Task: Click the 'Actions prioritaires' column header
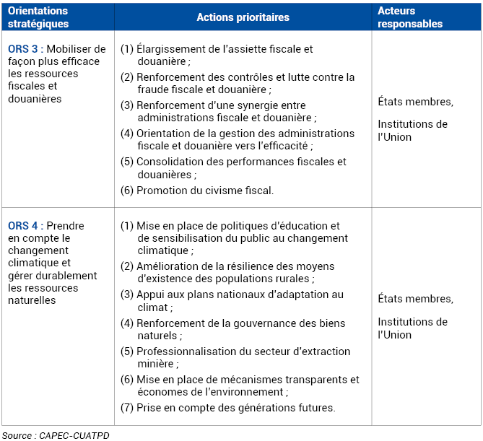243,17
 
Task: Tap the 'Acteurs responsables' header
410,17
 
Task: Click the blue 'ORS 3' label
23,49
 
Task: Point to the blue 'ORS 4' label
23,226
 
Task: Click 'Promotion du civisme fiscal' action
204,191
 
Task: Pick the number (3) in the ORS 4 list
127,294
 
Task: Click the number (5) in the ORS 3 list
127,162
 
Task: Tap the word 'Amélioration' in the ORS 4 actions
168,266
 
